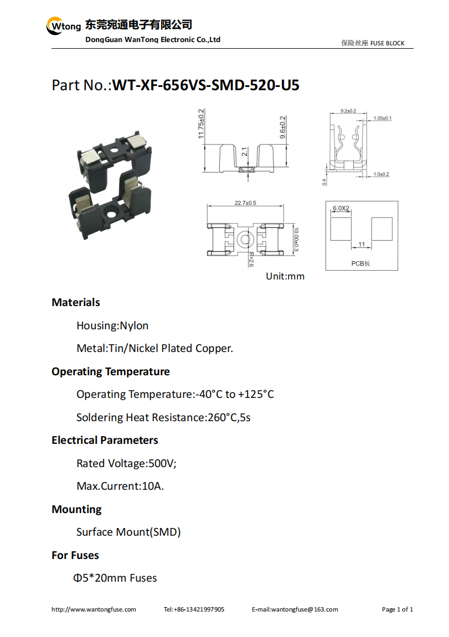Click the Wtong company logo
coord(64,26)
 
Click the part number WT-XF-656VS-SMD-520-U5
coord(205,85)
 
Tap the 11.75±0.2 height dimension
coord(201,124)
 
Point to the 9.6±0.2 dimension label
coord(283,127)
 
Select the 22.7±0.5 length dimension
coord(245,203)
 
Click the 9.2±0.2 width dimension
coord(348,111)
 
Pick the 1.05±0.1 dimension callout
coord(383,118)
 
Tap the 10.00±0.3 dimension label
coord(296,240)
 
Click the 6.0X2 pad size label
coord(341,209)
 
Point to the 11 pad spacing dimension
coord(362,244)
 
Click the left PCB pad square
coord(341,229)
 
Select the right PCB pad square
coord(382,229)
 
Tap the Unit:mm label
coord(285,276)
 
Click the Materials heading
coord(76,302)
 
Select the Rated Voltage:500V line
coord(126,464)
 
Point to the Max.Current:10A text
coord(120,486)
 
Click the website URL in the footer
coord(94,609)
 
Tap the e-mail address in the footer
coord(295,609)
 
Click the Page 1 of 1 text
coord(398,609)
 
